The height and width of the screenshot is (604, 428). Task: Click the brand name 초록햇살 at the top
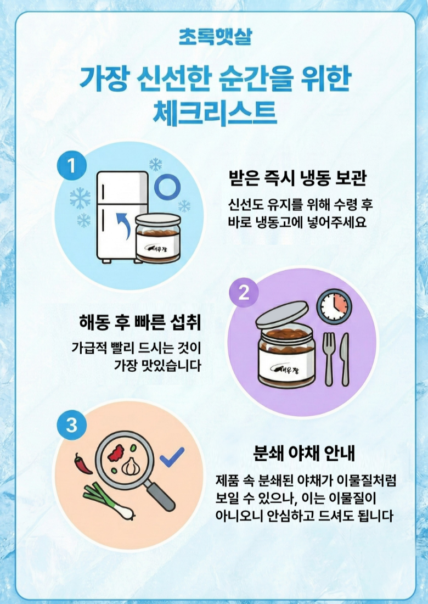215,37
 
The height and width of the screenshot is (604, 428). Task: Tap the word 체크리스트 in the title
215,113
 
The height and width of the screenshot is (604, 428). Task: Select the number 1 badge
71,166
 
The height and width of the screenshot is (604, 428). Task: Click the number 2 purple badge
244,293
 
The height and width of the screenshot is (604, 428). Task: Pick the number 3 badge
71,426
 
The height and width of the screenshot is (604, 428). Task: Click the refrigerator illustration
122,217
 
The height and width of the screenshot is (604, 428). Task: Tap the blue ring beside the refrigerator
167,187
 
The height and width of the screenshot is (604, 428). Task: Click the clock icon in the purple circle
334,306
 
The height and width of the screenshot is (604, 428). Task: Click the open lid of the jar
282,314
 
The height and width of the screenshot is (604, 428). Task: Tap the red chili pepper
83,463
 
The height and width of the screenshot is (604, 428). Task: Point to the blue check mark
172,457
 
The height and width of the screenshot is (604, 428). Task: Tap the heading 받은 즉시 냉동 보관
297,178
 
